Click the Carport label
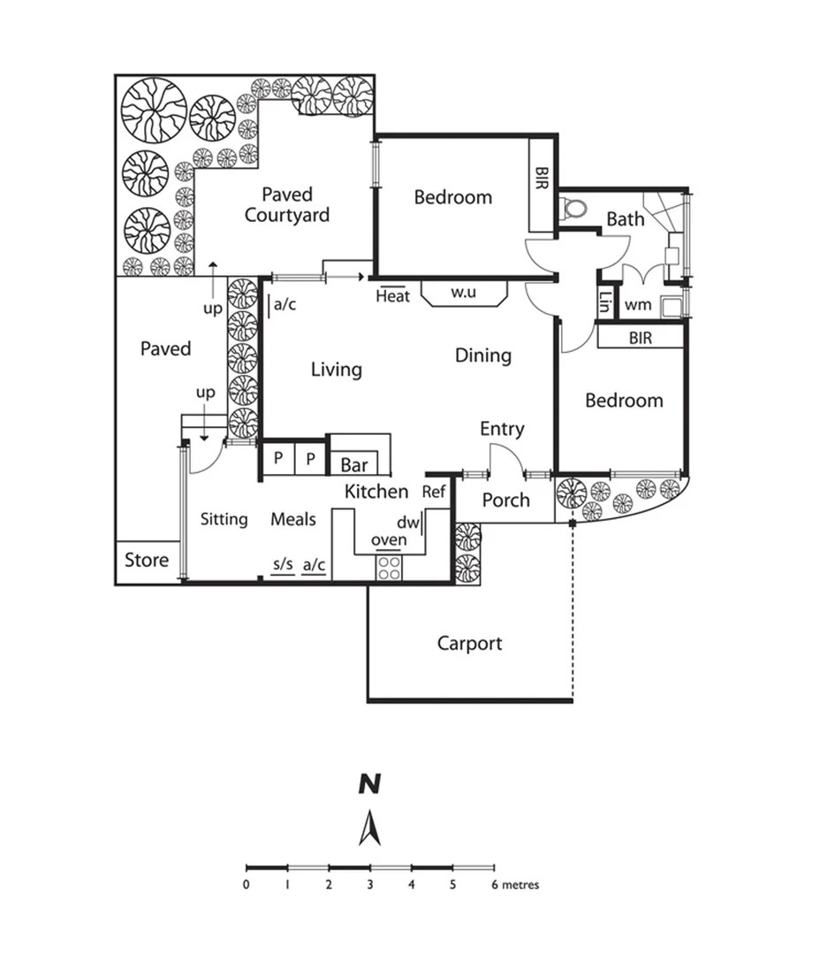point(469,644)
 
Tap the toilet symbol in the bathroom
point(573,210)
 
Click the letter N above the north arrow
point(369,783)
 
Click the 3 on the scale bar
point(370,884)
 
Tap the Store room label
point(147,560)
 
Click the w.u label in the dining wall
point(463,293)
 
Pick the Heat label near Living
point(392,297)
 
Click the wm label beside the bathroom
point(638,305)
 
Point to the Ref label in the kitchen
point(434,492)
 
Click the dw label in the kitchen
point(409,523)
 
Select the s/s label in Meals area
point(283,564)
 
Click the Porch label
point(505,500)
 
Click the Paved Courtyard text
point(287,204)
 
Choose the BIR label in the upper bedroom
point(541,180)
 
